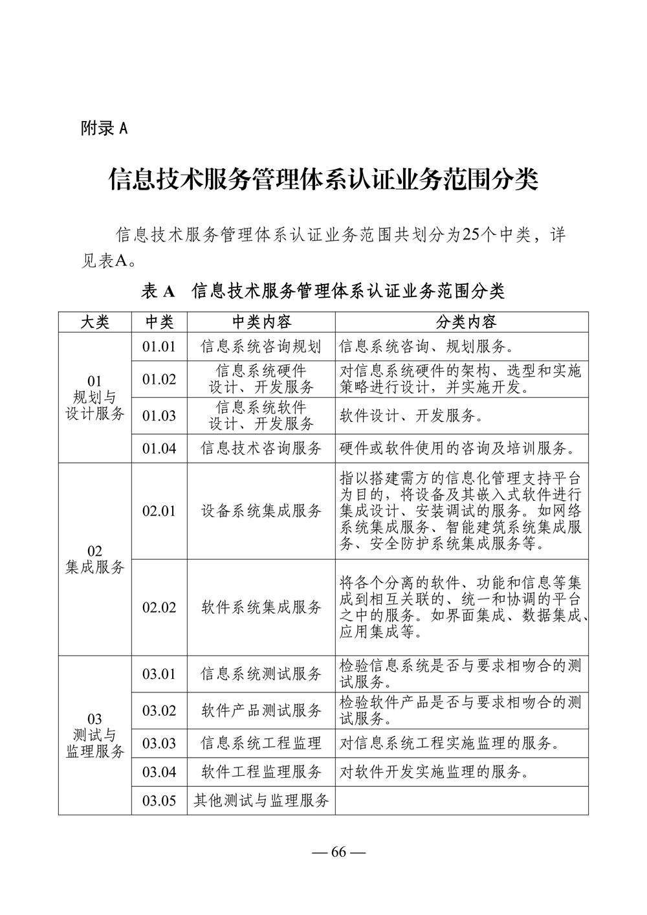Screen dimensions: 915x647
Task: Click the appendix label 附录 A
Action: (x=104, y=128)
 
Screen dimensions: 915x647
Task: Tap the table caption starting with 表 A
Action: (x=323, y=291)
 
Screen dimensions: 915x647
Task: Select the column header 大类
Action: (x=94, y=322)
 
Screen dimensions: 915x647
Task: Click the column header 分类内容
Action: (x=461, y=322)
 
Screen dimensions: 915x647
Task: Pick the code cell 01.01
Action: (x=159, y=346)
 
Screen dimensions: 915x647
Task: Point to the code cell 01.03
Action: (x=159, y=415)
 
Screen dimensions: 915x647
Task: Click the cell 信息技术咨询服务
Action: (x=261, y=448)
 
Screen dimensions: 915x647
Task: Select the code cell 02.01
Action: (x=159, y=511)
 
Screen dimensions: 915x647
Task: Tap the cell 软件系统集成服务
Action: (x=261, y=607)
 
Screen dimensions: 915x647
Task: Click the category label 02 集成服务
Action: (x=94, y=559)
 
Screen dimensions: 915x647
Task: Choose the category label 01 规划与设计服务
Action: (x=94, y=397)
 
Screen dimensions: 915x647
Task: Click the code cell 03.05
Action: (x=159, y=800)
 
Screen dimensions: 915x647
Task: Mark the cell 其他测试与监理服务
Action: (x=261, y=800)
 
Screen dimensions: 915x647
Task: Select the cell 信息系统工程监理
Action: (x=261, y=743)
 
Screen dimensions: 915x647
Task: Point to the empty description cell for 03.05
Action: (x=461, y=800)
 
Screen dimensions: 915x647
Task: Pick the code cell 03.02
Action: (x=159, y=711)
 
